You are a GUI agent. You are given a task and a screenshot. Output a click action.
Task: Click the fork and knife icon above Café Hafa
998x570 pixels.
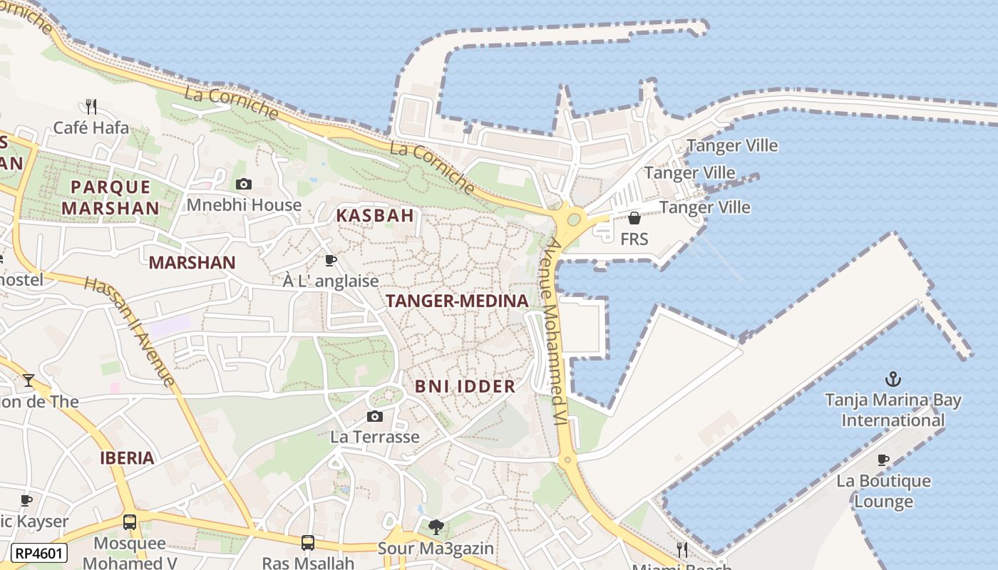(91, 107)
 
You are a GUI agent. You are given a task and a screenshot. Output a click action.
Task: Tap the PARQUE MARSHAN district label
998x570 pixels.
(110, 197)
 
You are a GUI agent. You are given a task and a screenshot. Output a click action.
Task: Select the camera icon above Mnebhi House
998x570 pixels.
(244, 184)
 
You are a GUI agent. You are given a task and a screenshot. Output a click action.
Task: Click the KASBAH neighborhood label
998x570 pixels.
(375, 215)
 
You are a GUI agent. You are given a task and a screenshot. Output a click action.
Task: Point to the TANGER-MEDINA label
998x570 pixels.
(457, 301)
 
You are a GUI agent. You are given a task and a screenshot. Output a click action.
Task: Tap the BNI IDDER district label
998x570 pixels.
(465, 386)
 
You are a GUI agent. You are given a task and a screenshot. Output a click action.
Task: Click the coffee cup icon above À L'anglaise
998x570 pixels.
(330, 261)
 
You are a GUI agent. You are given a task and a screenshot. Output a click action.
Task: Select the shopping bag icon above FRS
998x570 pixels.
(634, 218)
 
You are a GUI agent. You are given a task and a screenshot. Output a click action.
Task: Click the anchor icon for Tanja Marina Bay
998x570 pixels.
(892, 379)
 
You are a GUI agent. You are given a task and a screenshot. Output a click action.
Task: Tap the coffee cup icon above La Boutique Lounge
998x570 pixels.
(883, 460)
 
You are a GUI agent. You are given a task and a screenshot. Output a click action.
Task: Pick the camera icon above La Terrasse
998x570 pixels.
(374, 416)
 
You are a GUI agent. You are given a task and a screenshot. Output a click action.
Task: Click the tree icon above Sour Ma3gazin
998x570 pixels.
(436, 527)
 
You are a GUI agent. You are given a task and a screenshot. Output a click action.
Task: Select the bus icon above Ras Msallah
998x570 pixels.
(308, 543)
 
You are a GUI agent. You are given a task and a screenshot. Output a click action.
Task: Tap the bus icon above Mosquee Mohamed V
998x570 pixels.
(129, 522)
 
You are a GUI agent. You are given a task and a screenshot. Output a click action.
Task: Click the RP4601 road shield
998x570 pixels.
(40, 553)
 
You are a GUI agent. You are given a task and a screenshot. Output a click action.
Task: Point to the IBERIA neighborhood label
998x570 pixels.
(127, 457)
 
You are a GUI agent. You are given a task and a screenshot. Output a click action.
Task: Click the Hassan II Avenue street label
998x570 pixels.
(130, 331)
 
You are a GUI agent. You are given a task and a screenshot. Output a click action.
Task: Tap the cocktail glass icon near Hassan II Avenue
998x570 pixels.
(28, 380)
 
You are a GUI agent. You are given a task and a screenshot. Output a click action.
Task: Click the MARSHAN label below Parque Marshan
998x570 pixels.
(192, 262)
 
